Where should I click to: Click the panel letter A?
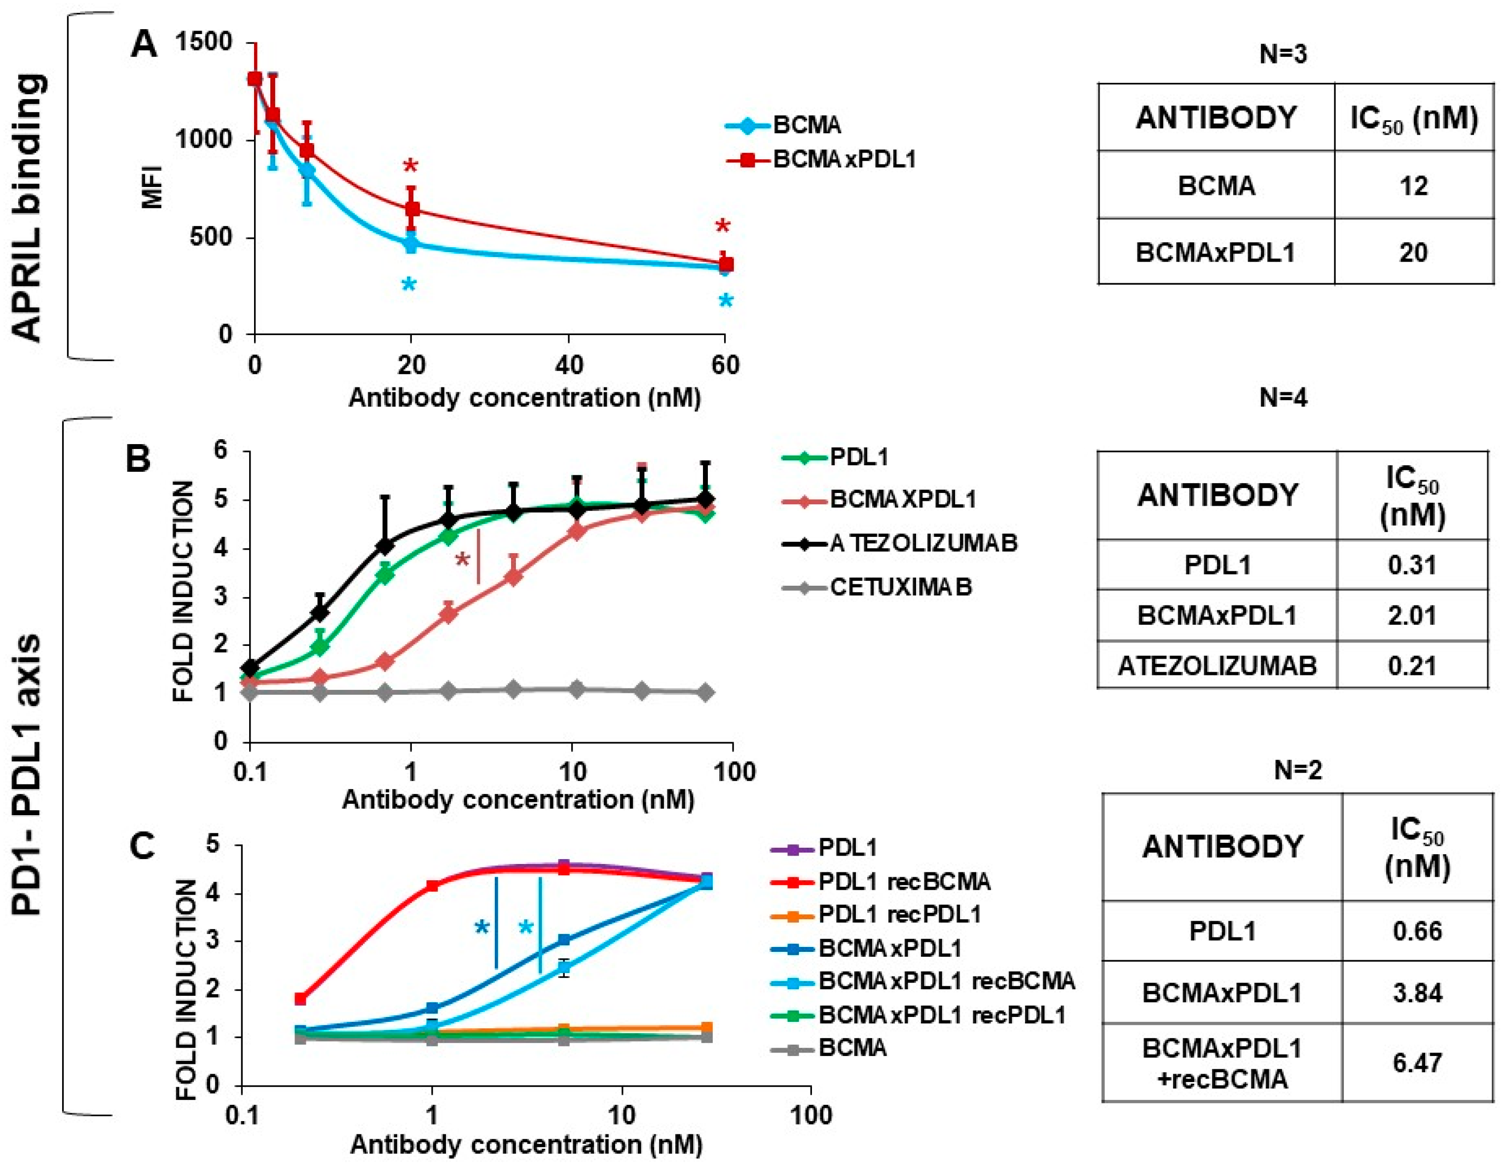[x=144, y=45]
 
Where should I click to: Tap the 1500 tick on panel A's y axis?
[x=203, y=43]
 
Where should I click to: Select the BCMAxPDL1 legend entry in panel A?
[x=844, y=159]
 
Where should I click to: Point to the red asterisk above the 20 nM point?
[x=410, y=166]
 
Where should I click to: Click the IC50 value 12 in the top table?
[x=1413, y=186]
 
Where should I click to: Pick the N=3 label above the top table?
[x=1283, y=54]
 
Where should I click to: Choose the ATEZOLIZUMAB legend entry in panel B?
[x=923, y=543]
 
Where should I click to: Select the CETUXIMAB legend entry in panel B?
[x=900, y=587]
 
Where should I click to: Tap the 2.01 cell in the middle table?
[x=1412, y=615]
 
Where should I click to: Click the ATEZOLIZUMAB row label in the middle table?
[x=1217, y=666]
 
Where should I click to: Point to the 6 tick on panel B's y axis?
[x=220, y=451]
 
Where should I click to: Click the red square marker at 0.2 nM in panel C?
[x=300, y=999]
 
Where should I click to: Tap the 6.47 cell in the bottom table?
[x=1417, y=1062]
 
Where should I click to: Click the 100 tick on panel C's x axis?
[x=810, y=1114]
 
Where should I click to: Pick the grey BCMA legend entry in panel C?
[x=852, y=1048]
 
